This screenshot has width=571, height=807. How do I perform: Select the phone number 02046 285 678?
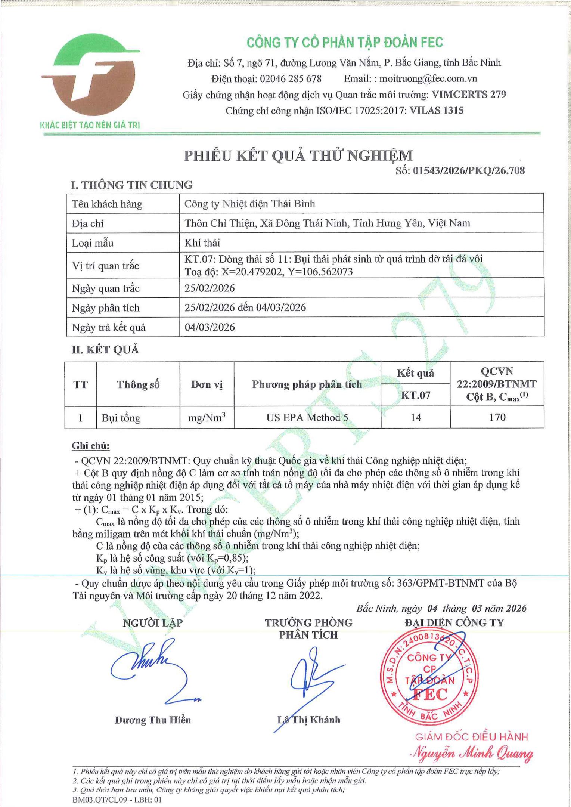pyautogui.click(x=290, y=79)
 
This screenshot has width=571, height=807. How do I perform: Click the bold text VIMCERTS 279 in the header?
pyautogui.click(x=469, y=95)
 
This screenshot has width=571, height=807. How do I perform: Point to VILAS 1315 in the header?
pyautogui.click(x=436, y=111)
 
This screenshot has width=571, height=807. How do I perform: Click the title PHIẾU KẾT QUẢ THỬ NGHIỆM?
pyautogui.click(x=298, y=155)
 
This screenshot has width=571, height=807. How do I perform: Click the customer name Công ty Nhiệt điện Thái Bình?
pyautogui.click(x=249, y=204)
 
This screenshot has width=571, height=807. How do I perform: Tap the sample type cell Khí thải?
pyautogui.click(x=202, y=243)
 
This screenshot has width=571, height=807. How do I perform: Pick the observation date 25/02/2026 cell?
pyautogui.click(x=210, y=288)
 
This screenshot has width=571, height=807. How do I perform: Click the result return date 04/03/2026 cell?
pyautogui.click(x=210, y=327)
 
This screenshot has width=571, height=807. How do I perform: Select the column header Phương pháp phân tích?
pyautogui.click(x=307, y=384)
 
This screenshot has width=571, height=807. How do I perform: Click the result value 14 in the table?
pyautogui.click(x=416, y=417)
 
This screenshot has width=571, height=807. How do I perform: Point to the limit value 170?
pyautogui.click(x=497, y=417)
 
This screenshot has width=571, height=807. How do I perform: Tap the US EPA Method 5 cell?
pyautogui.click(x=307, y=417)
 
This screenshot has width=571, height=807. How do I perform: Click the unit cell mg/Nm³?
pyautogui.click(x=207, y=417)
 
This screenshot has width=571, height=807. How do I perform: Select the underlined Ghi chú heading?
pyautogui.click(x=91, y=446)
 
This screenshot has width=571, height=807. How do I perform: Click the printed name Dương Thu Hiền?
pyautogui.click(x=152, y=720)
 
